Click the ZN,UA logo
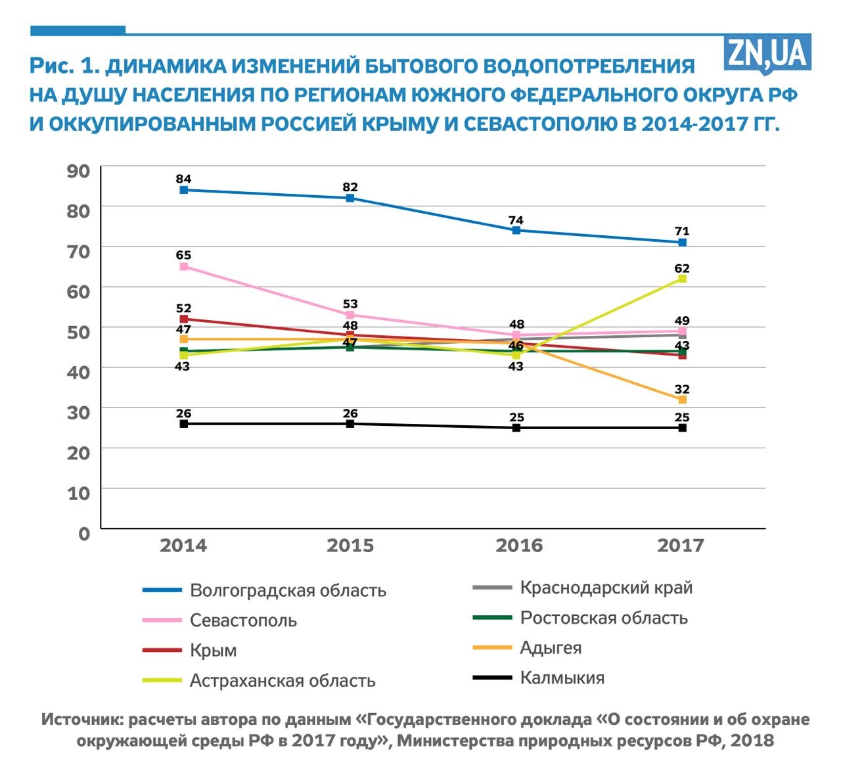(767, 53)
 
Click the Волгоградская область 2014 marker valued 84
(184, 190)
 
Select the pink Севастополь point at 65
(184, 266)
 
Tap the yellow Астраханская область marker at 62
(682, 279)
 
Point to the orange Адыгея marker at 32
(682, 399)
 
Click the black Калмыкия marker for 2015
(350, 424)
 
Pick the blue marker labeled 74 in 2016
(516, 230)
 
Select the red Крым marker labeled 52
(184, 319)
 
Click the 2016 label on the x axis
(519, 546)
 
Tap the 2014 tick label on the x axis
(183, 546)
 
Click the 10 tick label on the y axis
(79, 493)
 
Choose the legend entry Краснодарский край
(606, 588)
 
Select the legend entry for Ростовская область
(603, 618)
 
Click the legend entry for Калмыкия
(562, 678)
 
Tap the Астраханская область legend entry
(283, 680)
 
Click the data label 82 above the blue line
(350, 187)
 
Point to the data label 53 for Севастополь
(350, 304)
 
